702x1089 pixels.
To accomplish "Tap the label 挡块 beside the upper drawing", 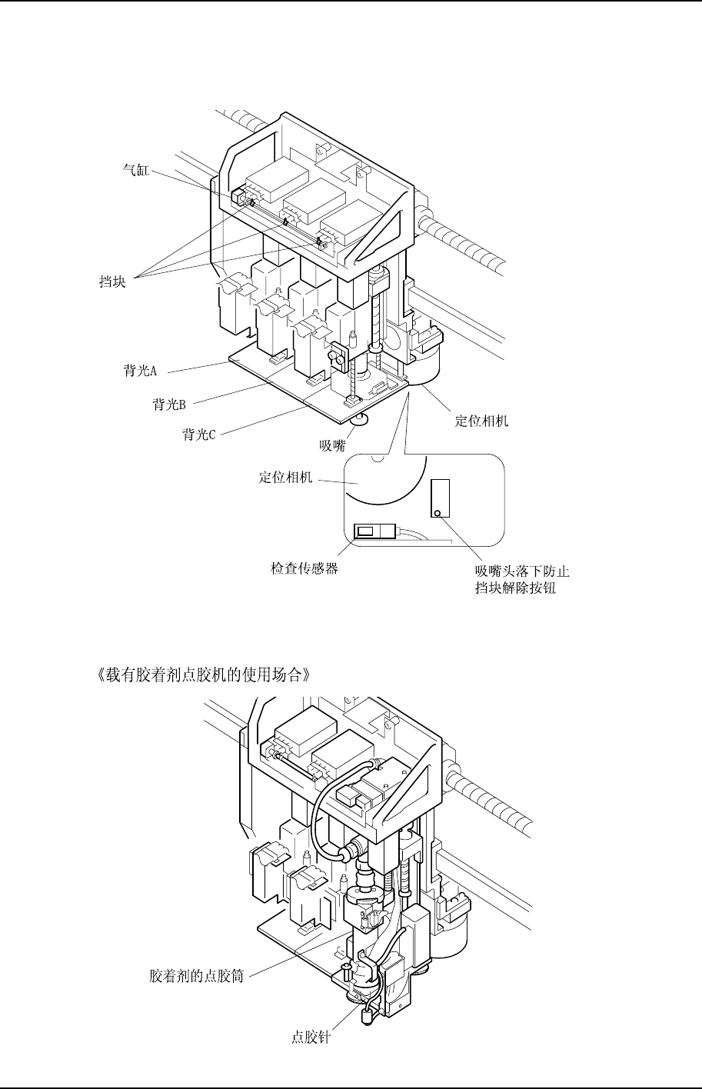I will tap(113, 282).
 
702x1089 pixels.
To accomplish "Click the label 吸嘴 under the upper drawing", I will tap(332, 444).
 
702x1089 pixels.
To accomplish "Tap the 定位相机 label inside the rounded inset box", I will tap(285, 478).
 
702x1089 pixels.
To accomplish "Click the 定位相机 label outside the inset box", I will tap(481, 421).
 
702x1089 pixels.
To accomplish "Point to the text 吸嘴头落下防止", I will tap(522, 571).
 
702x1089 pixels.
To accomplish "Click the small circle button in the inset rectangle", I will tap(438, 513).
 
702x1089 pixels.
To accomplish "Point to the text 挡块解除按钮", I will tap(516, 588).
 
